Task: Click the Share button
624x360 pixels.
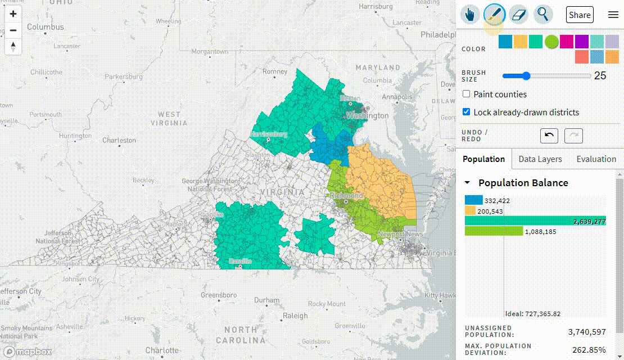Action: [580, 15]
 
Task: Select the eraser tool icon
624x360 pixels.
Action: [518, 15]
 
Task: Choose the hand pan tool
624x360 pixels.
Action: [470, 15]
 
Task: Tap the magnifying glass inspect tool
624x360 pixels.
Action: [542, 15]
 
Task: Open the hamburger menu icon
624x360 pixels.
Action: [613, 15]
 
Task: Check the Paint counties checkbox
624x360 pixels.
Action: [467, 94]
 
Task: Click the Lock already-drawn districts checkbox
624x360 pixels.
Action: [467, 112]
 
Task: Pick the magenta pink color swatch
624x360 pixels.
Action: [567, 42]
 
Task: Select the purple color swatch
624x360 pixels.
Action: [582, 42]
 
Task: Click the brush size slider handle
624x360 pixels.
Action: [526, 76]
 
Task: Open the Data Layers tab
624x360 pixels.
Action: [540, 159]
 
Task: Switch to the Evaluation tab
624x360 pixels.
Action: [596, 159]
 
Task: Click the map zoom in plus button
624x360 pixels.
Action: [13, 14]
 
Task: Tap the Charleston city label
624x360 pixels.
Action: [119, 140]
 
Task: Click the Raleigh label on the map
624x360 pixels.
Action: [295, 316]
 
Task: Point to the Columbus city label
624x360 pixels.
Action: [46, 27]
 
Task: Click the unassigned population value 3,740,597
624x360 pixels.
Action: [587, 332]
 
